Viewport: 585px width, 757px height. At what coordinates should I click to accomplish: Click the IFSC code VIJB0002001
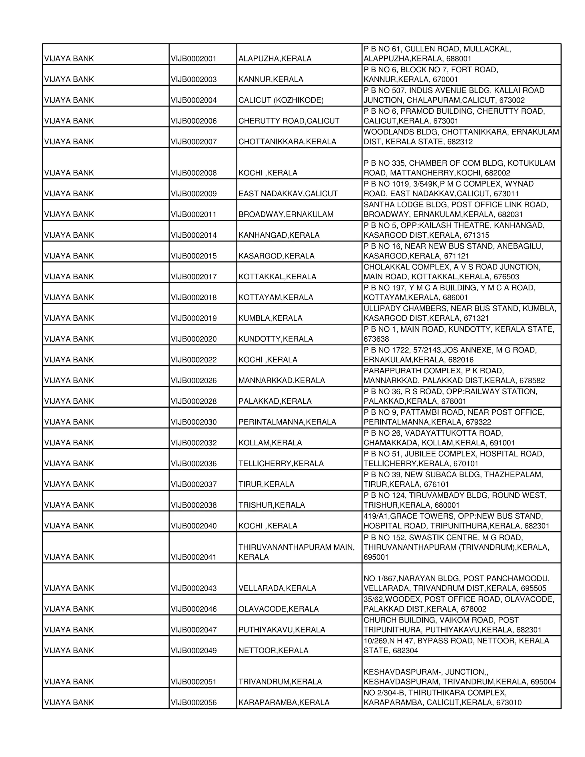(x=193, y=59)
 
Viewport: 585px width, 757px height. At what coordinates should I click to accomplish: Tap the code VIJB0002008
(x=193, y=173)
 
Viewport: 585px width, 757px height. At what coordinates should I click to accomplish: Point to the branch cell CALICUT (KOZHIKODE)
(x=281, y=101)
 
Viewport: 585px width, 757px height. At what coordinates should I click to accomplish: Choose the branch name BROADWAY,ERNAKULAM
(x=286, y=215)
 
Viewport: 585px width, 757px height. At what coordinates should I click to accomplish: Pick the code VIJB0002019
(x=193, y=318)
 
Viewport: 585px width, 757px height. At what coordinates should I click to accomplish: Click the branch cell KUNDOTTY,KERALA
(x=276, y=339)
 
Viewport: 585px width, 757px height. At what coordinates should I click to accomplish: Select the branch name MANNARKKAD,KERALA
(x=281, y=380)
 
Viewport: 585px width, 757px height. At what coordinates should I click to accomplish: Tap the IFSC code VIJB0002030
(x=193, y=422)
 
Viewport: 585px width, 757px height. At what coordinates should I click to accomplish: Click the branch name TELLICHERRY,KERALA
(x=281, y=464)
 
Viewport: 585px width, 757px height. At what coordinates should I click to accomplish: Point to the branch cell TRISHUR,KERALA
(x=271, y=505)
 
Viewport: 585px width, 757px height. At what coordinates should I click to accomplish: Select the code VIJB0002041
(x=193, y=557)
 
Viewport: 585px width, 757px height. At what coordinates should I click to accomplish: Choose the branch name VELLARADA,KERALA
(x=277, y=588)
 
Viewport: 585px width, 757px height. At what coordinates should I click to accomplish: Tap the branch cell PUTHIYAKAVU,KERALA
(x=282, y=630)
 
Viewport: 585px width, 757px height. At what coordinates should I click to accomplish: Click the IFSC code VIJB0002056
(x=193, y=703)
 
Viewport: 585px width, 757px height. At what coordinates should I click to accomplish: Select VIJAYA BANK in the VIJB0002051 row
(x=69, y=682)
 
